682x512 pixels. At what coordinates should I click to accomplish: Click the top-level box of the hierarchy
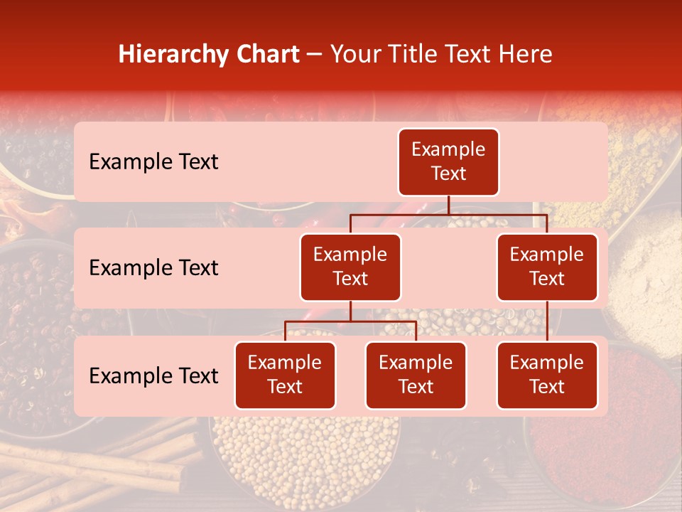click(x=448, y=162)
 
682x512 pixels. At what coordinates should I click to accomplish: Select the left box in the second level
click(x=350, y=267)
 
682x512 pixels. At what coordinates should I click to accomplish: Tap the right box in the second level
click(x=547, y=267)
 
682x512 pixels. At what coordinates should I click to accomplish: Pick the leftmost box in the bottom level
click(x=285, y=375)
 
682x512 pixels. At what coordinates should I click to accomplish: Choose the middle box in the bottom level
click(x=416, y=375)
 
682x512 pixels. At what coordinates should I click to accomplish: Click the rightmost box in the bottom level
click(x=547, y=375)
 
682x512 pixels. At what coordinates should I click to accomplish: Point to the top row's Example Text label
click(x=153, y=162)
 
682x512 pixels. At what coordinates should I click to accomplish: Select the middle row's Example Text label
click(x=153, y=268)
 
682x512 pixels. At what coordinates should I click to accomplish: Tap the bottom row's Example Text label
click(x=153, y=376)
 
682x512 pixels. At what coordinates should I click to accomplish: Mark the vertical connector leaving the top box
click(x=448, y=205)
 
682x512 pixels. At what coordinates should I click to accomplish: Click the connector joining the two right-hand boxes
click(x=547, y=321)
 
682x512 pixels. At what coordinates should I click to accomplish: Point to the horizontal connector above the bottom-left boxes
click(x=350, y=321)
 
